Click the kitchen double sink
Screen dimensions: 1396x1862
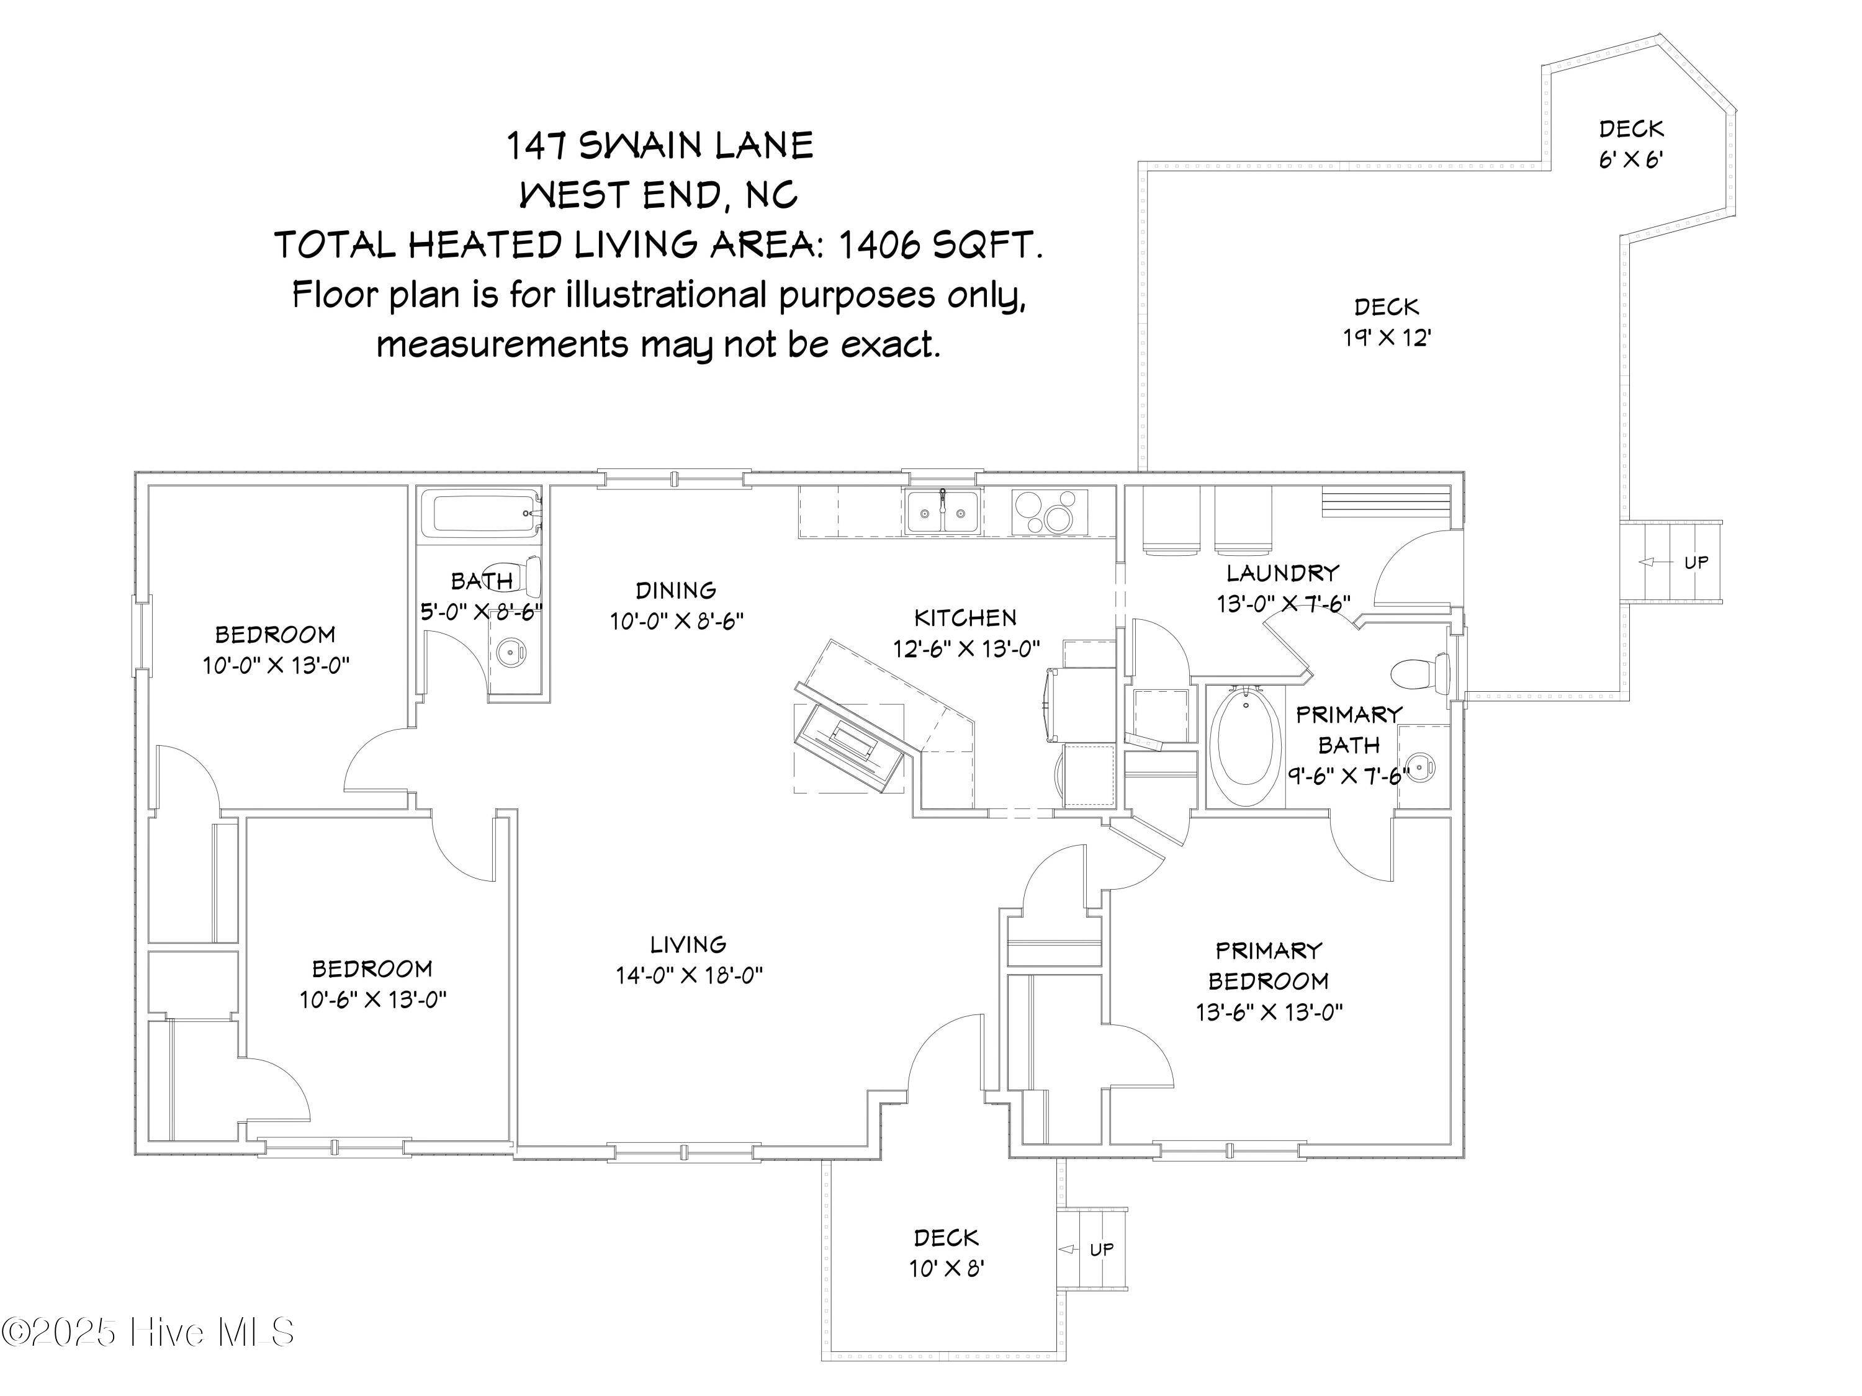(x=942, y=512)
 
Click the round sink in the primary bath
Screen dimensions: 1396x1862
(x=1421, y=767)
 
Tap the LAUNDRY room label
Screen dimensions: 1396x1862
(x=1282, y=574)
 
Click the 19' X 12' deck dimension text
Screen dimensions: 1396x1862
(x=1387, y=338)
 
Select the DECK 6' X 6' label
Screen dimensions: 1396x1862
(x=1630, y=144)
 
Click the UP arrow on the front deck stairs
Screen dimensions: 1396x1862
(x=1069, y=1250)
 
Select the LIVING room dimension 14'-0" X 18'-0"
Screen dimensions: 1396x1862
(x=688, y=975)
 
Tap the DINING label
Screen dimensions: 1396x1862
(x=676, y=590)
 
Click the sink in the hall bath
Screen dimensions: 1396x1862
(x=510, y=650)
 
